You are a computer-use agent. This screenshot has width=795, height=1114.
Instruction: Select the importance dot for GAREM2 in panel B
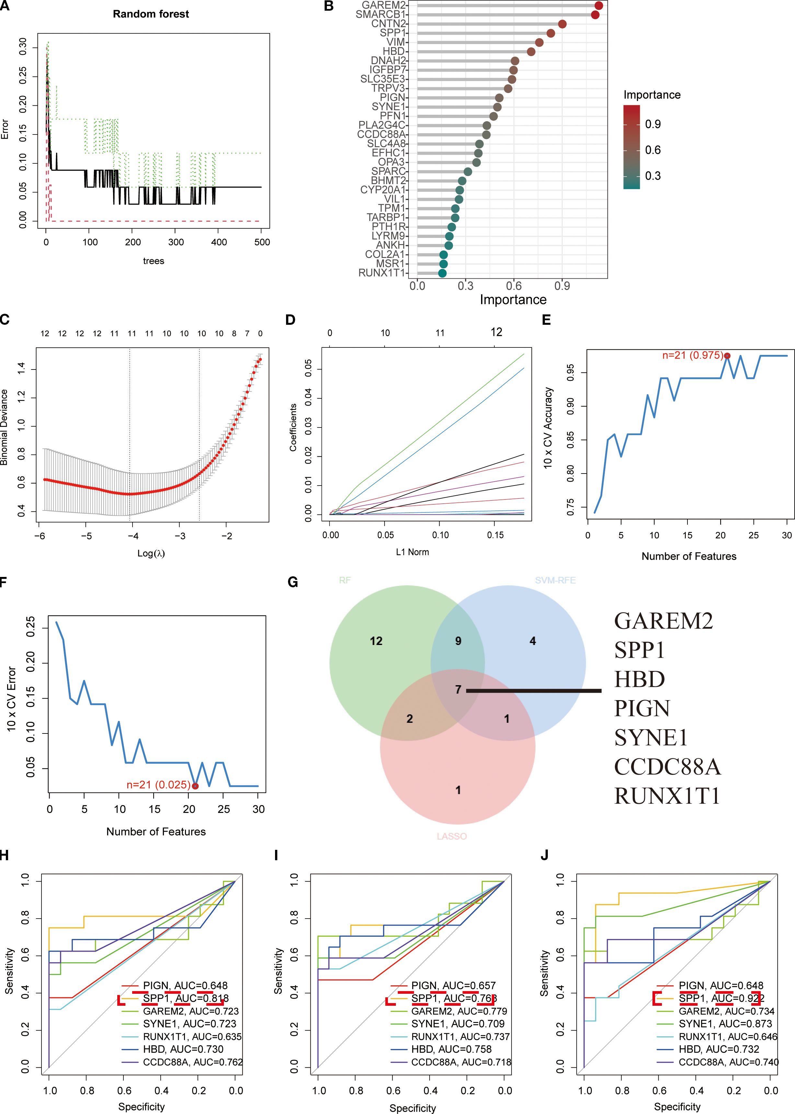tap(598, 6)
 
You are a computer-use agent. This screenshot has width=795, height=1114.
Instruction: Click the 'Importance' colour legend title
tap(651, 95)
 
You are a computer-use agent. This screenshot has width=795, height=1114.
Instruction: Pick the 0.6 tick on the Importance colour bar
tap(652, 150)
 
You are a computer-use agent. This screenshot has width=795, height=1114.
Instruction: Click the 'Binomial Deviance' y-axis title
tap(5, 427)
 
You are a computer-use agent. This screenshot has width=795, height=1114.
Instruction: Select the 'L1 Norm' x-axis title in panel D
tap(412, 552)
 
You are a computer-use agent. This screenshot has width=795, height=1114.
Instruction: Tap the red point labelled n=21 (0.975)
tap(727, 356)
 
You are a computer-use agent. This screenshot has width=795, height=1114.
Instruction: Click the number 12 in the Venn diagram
tap(376, 641)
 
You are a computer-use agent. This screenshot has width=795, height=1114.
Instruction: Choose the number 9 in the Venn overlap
tap(458, 641)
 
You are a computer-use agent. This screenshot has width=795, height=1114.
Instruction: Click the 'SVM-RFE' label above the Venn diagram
tap(555, 580)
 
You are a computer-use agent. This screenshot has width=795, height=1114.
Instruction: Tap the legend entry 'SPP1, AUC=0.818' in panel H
tap(186, 998)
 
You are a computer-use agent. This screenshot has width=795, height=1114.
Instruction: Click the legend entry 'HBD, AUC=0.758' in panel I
tap(451, 1050)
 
